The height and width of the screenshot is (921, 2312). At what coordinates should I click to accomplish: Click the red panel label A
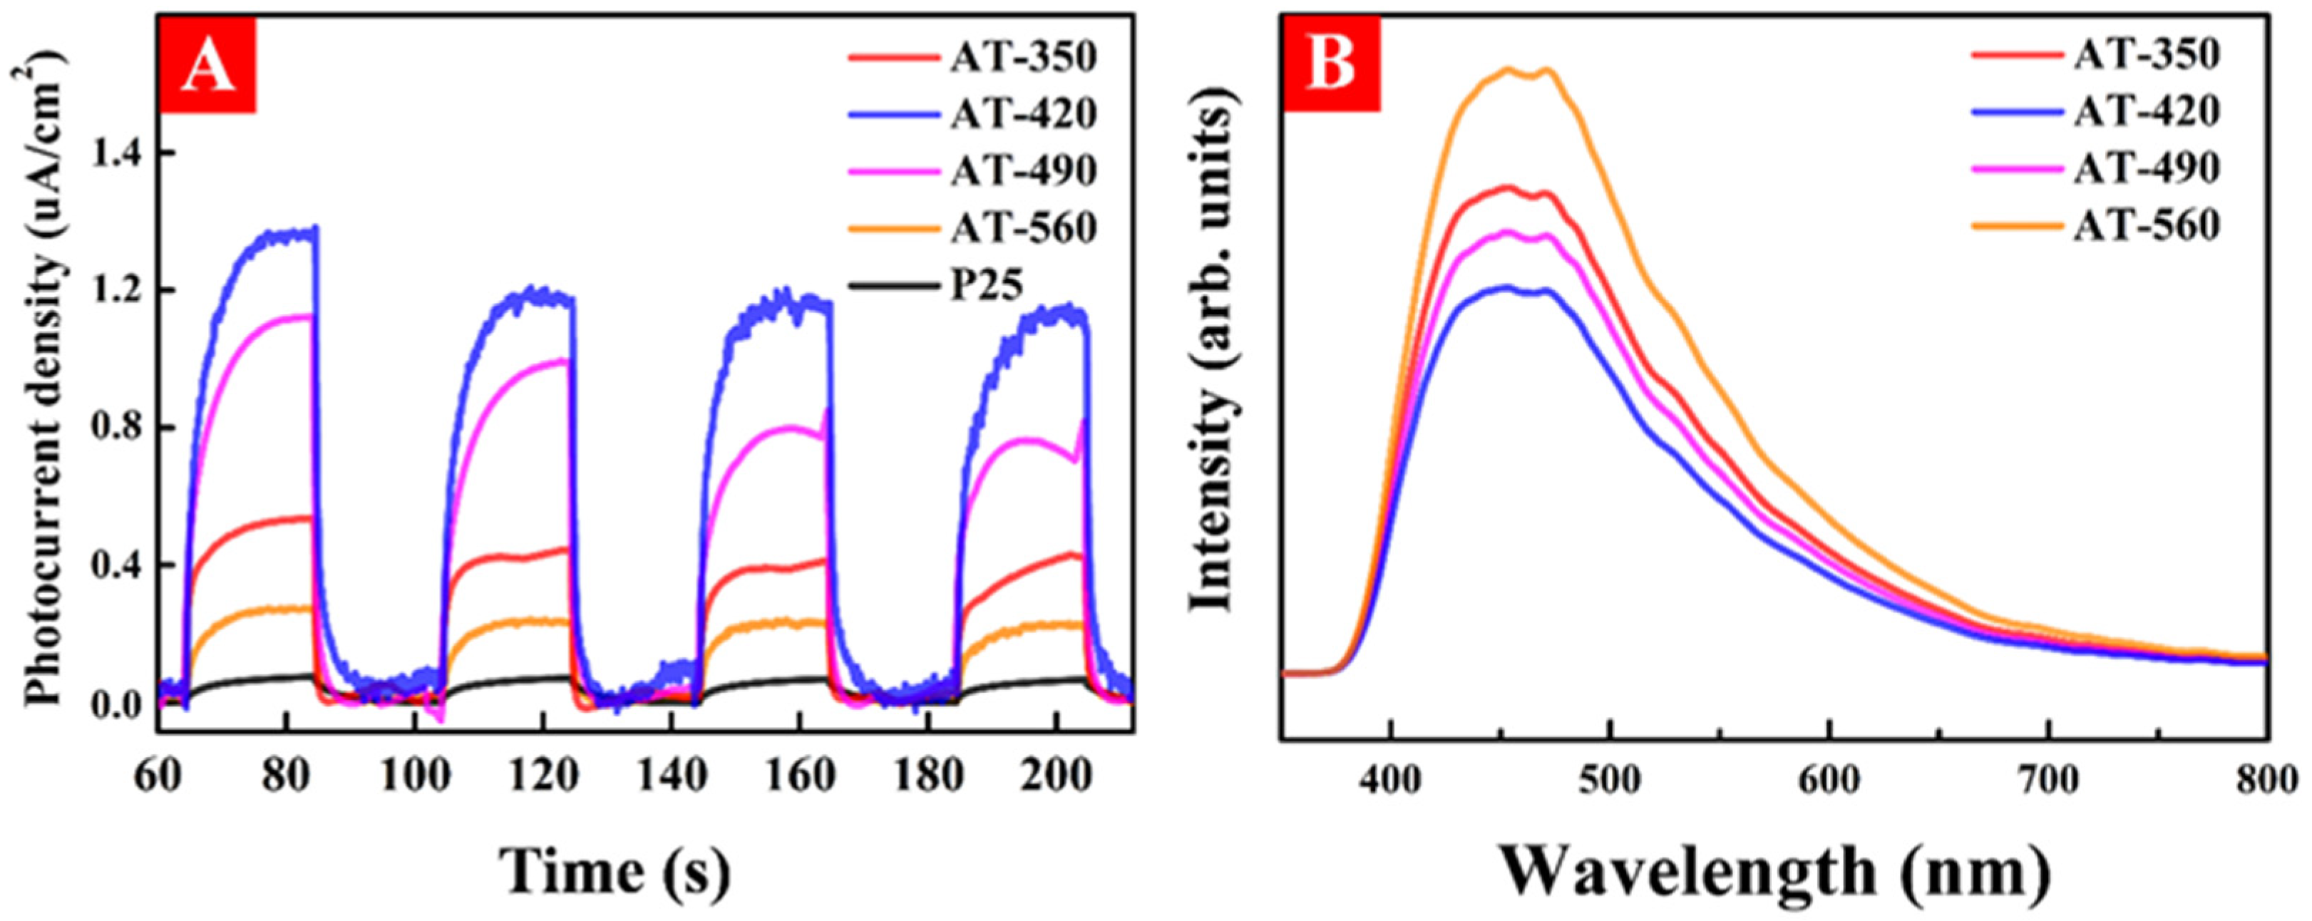[x=208, y=65]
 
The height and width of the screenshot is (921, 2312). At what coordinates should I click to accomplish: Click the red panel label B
[x=1332, y=65]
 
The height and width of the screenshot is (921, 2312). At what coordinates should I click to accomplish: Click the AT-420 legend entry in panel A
[x=1023, y=114]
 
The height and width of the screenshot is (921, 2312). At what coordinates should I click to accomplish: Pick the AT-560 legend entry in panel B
[x=2145, y=225]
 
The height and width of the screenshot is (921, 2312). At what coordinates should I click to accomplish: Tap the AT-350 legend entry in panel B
[x=2145, y=55]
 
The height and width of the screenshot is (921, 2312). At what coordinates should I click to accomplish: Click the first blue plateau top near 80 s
[x=287, y=235]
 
